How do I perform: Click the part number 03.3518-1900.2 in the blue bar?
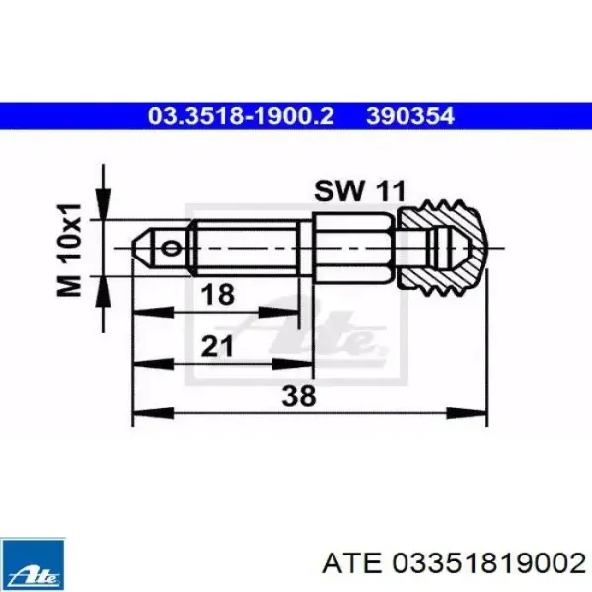click(241, 115)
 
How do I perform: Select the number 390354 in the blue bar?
click(410, 115)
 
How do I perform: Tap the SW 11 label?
click(359, 191)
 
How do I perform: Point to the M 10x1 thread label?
click(69, 250)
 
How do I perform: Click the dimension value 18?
click(218, 294)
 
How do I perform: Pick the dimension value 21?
click(217, 346)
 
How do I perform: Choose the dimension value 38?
click(299, 396)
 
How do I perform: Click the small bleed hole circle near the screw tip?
click(171, 248)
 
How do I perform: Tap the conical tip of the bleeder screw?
click(143, 248)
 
